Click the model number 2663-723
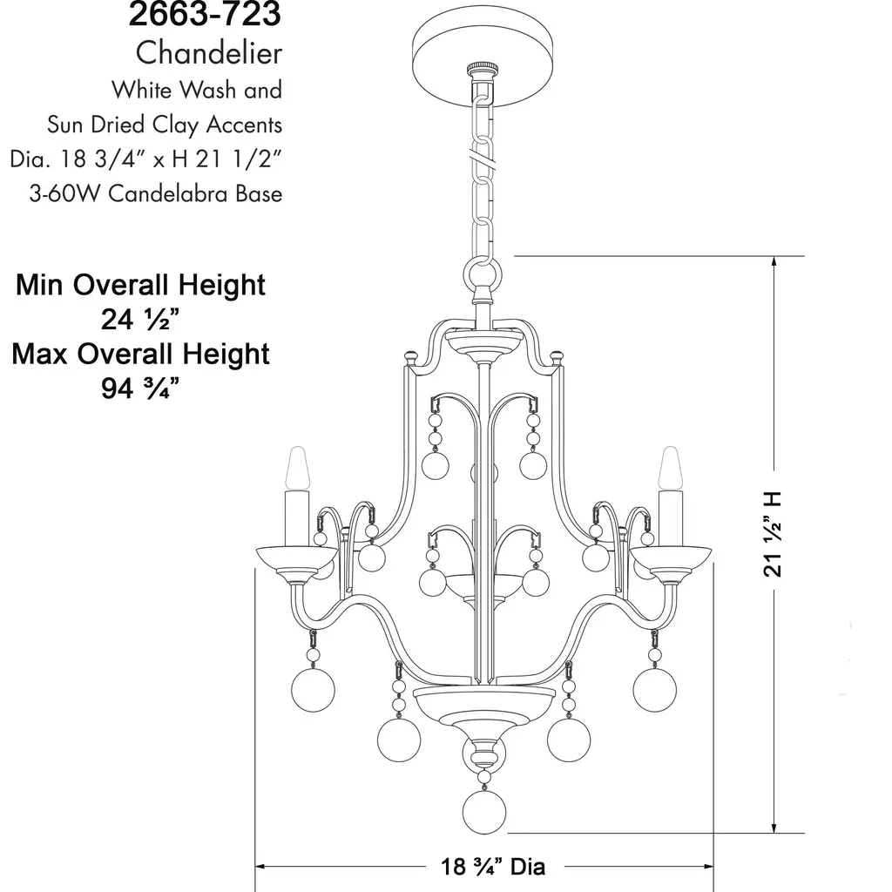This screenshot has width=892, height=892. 205,14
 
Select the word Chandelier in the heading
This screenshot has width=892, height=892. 209,53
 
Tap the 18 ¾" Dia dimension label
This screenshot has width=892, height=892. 493,867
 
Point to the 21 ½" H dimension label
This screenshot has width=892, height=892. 773,535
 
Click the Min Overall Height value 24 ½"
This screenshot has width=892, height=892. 140,319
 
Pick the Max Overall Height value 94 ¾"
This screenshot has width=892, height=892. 140,389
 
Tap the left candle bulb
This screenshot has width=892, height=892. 298,468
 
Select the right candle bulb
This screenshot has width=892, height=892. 670,468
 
